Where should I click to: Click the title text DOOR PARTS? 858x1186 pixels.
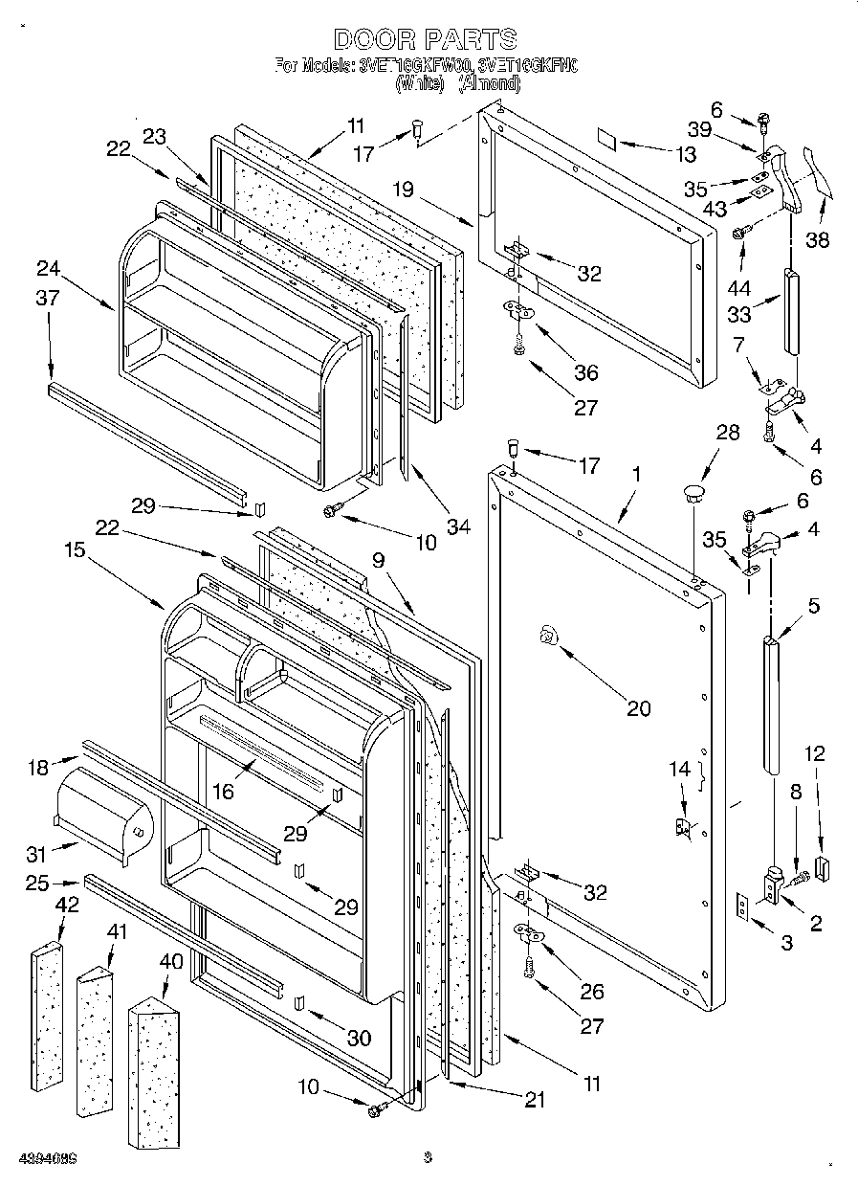pyautogui.click(x=426, y=39)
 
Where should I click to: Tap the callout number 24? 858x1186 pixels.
pyautogui.click(x=50, y=267)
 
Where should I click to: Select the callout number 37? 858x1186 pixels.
pyautogui.click(x=48, y=299)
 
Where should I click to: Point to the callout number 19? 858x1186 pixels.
pyautogui.click(x=402, y=190)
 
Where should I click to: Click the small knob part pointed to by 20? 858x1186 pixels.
pyautogui.click(x=547, y=633)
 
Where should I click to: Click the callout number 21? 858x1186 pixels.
pyautogui.click(x=535, y=1100)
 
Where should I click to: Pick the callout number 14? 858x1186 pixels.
pyautogui.click(x=678, y=768)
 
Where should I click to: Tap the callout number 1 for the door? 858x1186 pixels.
pyautogui.click(x=637, y=473)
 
